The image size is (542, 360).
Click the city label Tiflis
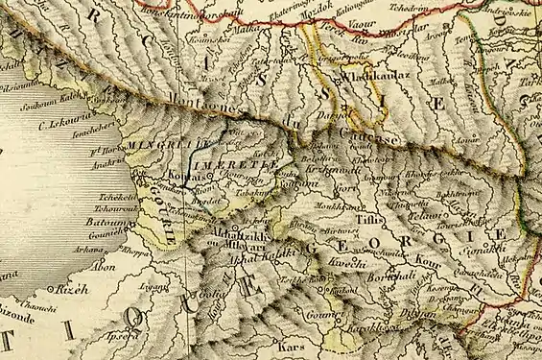(368, 218)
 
